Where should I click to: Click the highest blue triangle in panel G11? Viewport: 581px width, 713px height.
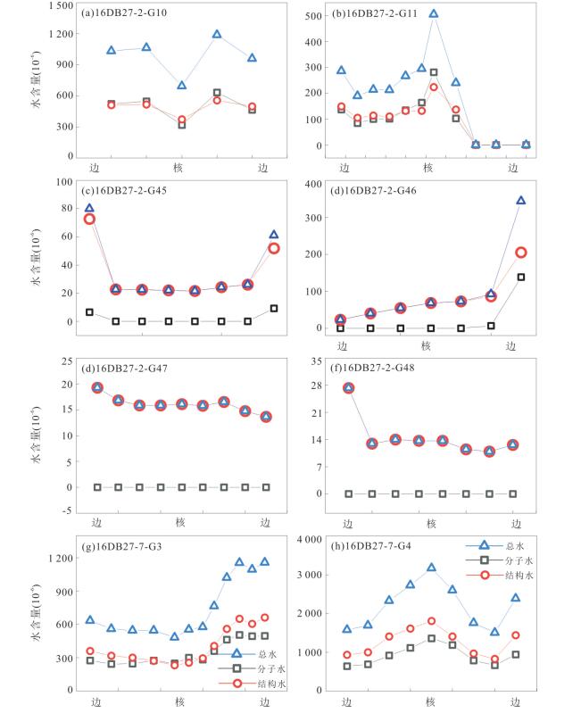click(434, 14)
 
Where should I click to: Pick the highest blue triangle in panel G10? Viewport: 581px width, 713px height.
click(217, 35)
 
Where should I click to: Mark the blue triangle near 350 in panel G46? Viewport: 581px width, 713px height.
click(520, 201)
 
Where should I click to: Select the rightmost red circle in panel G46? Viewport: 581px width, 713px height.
click(520, 253)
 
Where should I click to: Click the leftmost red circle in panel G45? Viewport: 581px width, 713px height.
click(89, 219)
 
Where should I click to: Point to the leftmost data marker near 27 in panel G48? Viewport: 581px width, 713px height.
click(348, 388)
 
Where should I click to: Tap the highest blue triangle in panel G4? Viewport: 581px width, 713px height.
click(431, 568)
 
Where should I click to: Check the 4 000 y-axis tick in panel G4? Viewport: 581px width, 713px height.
click(307, 540)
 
